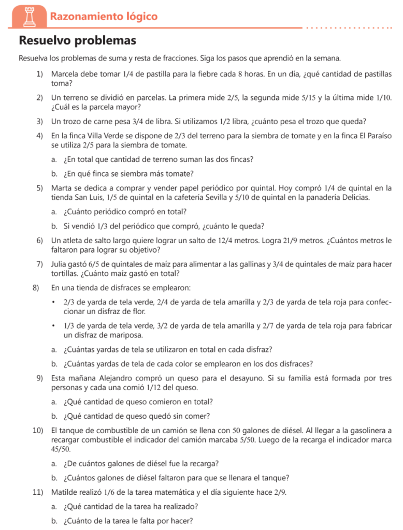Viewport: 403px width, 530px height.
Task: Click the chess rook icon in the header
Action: [x=28, y=16]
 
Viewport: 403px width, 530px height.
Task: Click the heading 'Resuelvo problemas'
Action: [x=78, y=40]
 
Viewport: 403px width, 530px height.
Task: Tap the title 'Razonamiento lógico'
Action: [x=104, y=17]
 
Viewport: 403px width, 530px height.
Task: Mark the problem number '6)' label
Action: [x=39, y=240]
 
